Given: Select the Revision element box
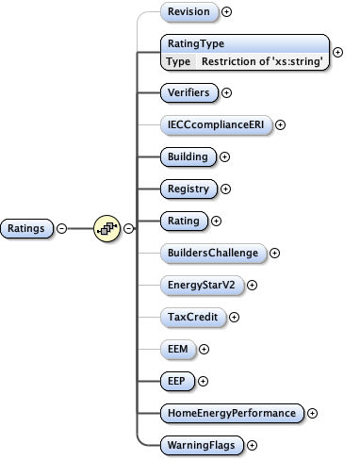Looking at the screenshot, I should tap(188, 12).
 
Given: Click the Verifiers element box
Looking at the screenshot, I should tap(188, 92).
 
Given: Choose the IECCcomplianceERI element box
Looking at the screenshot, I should tap(215, 124).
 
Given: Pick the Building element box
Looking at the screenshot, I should tap(187, 156).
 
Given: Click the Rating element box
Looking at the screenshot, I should tap(183, 221).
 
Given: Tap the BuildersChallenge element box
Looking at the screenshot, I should tap(213, 253).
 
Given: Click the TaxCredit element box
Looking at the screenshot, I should tap(192, 317).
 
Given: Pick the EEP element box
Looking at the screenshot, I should tap(176, 381).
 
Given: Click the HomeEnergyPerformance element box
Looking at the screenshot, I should tap(231, 413).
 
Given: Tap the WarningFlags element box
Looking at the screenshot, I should tap(201, 444).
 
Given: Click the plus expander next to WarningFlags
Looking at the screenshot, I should tap(252, 445).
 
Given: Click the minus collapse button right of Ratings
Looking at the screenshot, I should tap(61, 228).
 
